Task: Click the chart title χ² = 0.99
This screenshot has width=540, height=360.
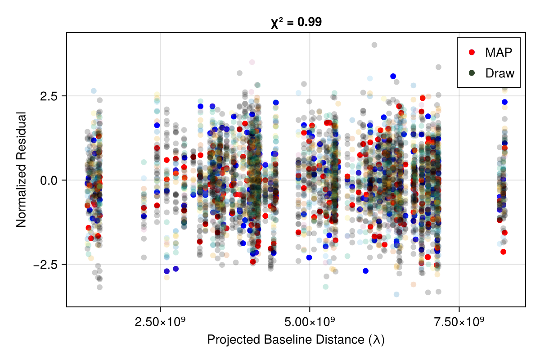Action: point(296,22)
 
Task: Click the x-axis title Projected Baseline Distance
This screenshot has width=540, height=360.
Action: point(296,340)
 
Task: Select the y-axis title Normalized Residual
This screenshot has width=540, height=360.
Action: point(21,169)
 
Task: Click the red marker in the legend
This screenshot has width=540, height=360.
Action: point(472,52)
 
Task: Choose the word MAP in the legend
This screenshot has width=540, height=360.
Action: point(499,52)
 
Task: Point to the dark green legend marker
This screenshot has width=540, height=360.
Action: point(472,73)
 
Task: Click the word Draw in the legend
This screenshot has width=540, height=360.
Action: point(499,73)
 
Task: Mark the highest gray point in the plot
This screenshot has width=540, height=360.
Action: point(374,45)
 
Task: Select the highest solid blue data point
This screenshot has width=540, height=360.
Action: point(393,76)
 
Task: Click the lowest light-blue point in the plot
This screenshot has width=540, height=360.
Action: point(396,294)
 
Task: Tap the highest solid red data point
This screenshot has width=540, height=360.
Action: point(423,98)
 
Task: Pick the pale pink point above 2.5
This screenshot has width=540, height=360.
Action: point(252,62)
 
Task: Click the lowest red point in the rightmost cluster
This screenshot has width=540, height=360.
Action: point(503,252)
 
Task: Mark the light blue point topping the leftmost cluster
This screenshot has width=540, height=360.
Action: point(94,91)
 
